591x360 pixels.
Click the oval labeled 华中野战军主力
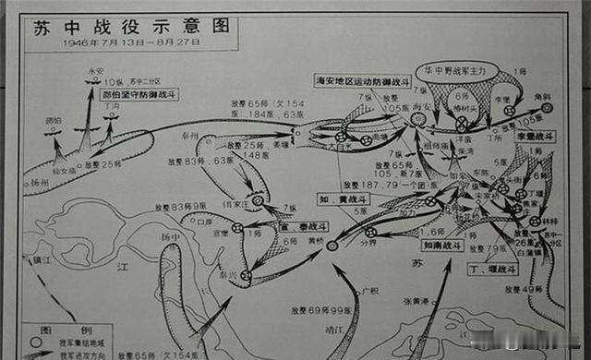coord(456,70)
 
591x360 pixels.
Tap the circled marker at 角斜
coord(548,108)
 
